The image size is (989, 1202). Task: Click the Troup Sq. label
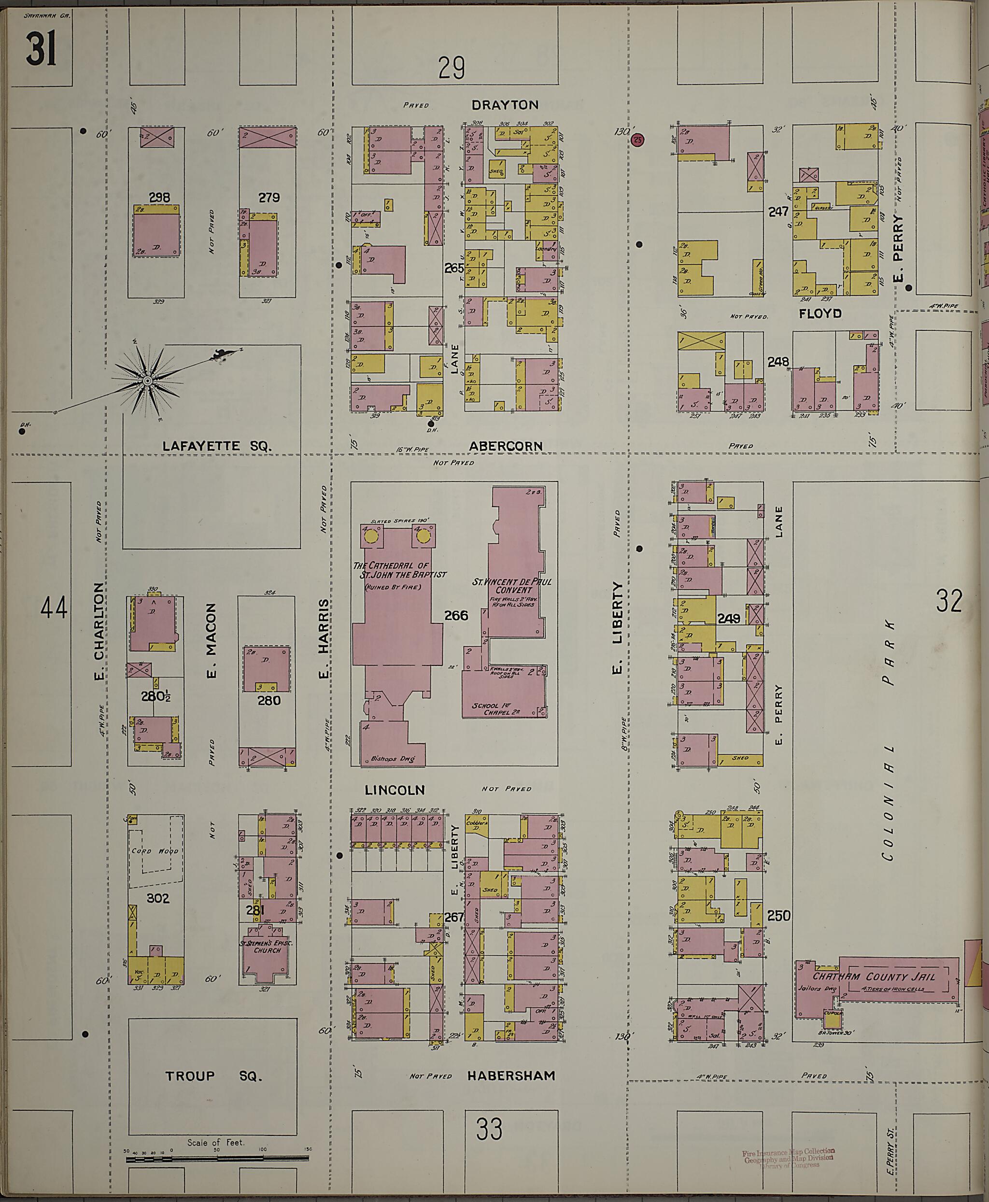tap(213, 1076)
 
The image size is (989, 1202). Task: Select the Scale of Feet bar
tap(217, 1158)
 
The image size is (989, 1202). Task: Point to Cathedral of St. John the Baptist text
tap(399, 570)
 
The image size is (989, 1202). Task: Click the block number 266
tap(456, 615)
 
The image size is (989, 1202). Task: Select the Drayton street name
tap(505, 105)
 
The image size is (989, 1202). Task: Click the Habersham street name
tap(511, 1076)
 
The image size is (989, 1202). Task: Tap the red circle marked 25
tap(638, 140)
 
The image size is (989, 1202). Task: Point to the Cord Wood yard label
tap(155, 851)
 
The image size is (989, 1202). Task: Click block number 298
tap(159, 198)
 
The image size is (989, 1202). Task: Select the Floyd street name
tap(820, 313)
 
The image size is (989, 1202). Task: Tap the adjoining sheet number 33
tap(489, 1129)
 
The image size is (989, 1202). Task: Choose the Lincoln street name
tap(395, 790)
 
